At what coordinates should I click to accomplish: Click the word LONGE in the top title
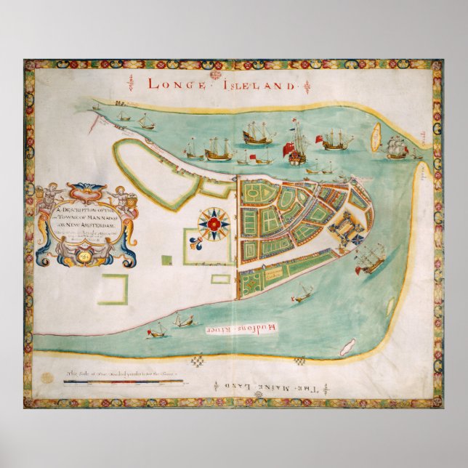[x=172, y=84]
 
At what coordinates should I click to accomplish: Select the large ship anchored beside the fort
[x=369, y=258]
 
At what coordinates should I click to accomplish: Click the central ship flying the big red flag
[x=298, y=145]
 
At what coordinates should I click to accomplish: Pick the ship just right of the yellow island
[x=398, y=148]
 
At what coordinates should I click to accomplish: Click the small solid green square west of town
[x=167, y=259]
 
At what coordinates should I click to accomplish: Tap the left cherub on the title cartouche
[x=49, y=197]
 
